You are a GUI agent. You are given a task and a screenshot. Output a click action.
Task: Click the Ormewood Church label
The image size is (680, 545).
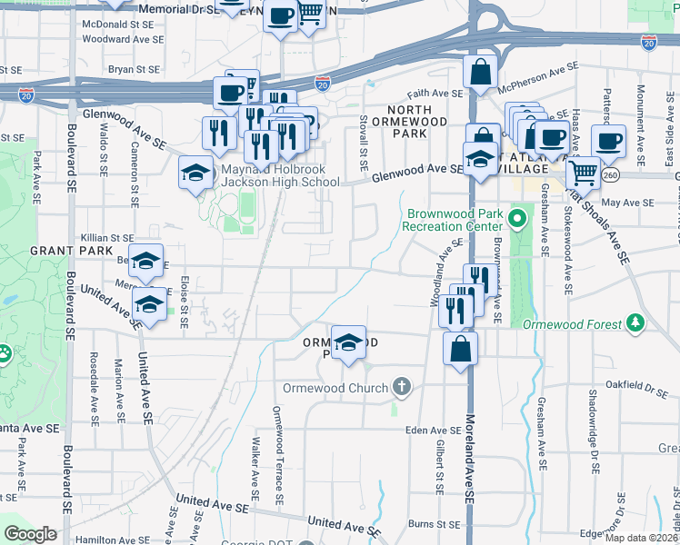point(335,388)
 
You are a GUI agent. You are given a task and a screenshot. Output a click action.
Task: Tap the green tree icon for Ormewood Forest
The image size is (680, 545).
point(636,322)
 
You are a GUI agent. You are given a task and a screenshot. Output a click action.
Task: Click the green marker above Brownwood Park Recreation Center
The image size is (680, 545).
point(517,218)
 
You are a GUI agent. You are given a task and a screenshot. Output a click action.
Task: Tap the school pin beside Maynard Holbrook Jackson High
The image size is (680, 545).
point(195,173)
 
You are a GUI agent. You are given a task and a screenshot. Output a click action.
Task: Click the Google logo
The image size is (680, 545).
point(30,533)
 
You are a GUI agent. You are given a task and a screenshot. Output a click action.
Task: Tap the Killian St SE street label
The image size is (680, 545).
point(108,238)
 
